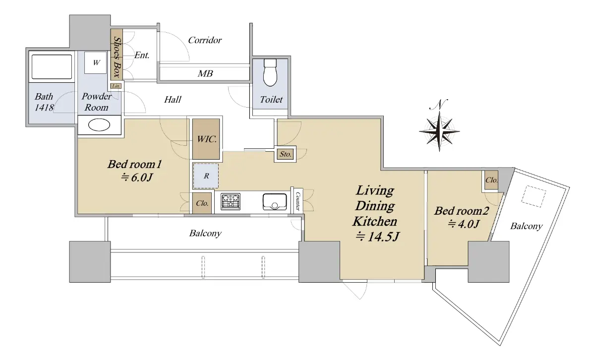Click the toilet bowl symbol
click(270, 72)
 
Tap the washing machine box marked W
click(96, 62)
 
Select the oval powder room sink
click(99, 125)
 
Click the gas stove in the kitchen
click(231, 201)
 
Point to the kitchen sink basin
click(275, 202)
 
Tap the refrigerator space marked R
click(206, 176)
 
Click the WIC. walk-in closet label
click(207, 139)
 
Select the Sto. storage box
click(285, 154)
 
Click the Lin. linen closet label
click(116, 86)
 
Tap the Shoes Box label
click(117, 57)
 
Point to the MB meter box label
click(205, 73)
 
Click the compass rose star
click(439, 131)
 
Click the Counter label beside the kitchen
click(298, 201)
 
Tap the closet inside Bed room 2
click(491, 180)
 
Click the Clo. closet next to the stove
click(202, 203)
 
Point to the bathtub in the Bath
click(52, 66)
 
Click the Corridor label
click(205, 40)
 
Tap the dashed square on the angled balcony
click(534, 196)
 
